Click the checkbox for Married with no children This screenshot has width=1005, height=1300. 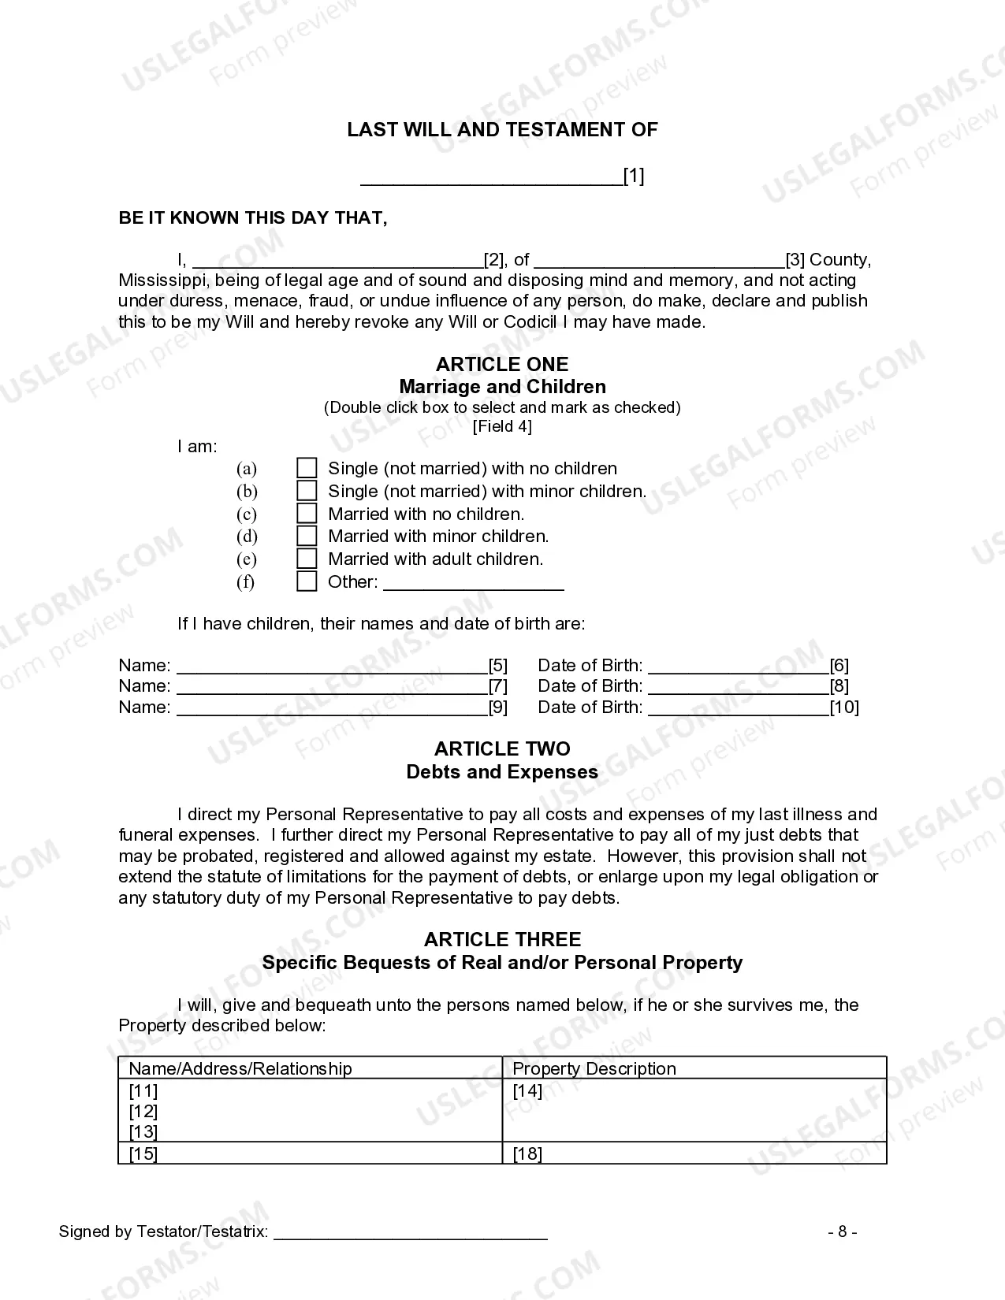point(307,514)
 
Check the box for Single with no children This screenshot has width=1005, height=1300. point(307,468)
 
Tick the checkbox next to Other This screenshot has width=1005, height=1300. point(307,581)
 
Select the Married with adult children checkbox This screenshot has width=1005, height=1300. point(307,559)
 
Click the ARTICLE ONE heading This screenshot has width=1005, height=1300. point(502,364)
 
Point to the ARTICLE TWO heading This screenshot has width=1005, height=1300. point(502,748)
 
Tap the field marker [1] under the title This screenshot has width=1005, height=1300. point(634,176)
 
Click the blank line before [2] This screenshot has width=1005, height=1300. point(337,261)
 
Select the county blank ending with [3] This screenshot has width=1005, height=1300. point(659,261)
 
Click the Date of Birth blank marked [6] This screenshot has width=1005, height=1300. point(738,667)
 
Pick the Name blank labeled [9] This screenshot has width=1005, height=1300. point(331,708)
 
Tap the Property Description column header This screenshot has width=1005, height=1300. point(594,1068)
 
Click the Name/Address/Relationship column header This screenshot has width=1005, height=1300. point(240,1068)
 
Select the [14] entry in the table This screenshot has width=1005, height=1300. point(527,1090)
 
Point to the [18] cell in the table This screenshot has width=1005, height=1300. point(527,1154)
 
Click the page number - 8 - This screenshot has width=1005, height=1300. point(842,1231)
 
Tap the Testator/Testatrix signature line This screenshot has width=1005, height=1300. point(410,1233)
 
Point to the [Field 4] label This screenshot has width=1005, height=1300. point(502,426)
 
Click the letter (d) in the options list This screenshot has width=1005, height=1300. point(247,537)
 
